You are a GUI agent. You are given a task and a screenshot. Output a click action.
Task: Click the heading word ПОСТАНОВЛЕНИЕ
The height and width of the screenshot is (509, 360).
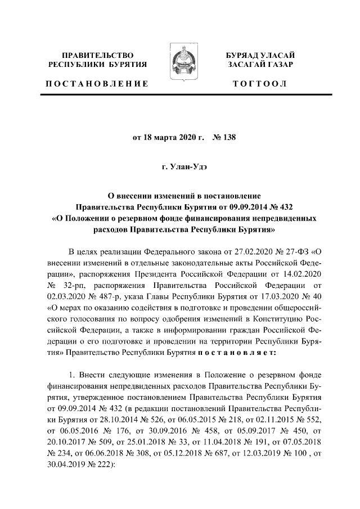tap(97, 84)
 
